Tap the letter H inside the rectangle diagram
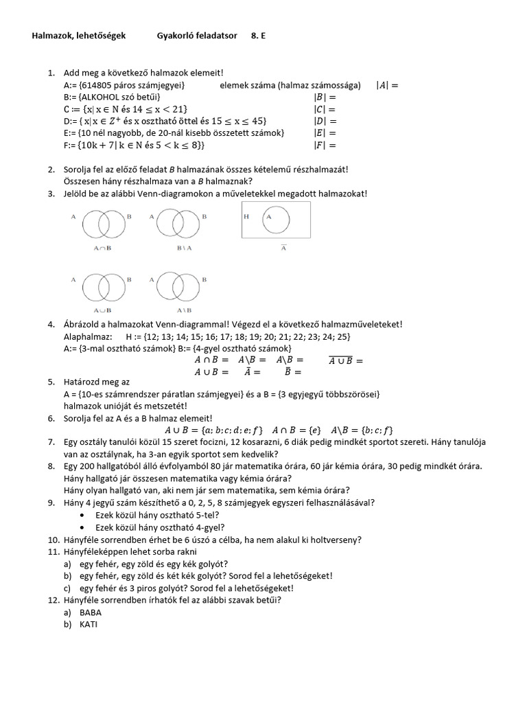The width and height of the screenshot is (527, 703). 246,216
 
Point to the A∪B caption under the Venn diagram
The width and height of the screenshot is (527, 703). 101,310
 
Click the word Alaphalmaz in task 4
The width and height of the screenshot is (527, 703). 84,337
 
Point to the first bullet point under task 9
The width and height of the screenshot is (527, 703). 83,515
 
